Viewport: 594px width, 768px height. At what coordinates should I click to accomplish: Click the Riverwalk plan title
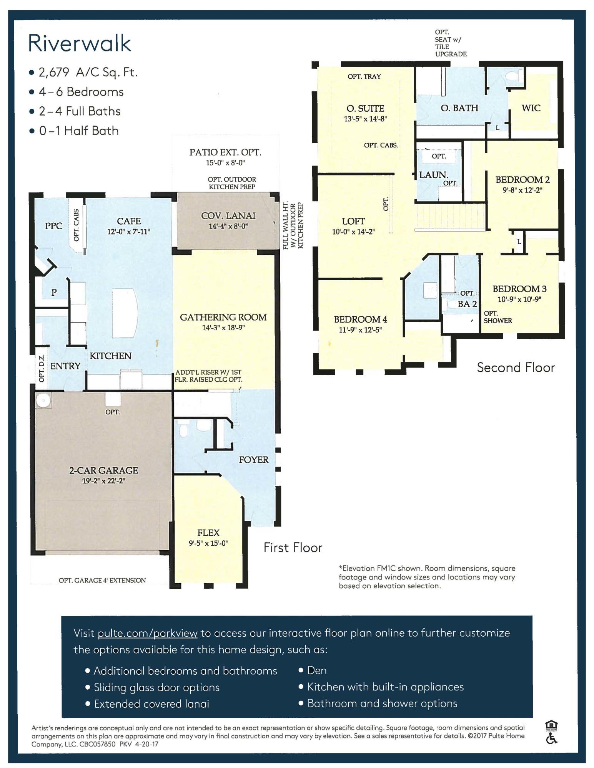(80, 43)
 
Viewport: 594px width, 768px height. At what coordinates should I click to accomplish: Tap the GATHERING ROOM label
(223, 317)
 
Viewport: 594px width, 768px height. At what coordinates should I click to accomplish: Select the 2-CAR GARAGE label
(103, 470)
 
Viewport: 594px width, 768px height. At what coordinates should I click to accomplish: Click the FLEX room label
(208, 533)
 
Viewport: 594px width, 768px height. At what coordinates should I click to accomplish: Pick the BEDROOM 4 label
(360, 319)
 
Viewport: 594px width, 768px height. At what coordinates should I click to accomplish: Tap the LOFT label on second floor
(353, 221)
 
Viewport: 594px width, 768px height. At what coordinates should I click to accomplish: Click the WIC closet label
(531, 108)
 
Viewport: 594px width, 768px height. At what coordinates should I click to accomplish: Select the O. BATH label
(459, 108)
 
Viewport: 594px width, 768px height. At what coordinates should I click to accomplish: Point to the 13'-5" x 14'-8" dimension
(365, 119)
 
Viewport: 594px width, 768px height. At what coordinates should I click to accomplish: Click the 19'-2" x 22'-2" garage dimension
(103, 481)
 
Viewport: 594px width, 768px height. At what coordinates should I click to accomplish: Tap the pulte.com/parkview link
(148, 633)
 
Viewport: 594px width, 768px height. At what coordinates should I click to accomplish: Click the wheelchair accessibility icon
(552, 738)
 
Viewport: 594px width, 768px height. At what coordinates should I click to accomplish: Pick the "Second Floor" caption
(516, 367)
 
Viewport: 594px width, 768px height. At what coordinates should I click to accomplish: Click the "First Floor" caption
(293, 548)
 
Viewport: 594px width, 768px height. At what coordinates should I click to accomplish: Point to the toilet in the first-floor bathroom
(183, 430)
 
